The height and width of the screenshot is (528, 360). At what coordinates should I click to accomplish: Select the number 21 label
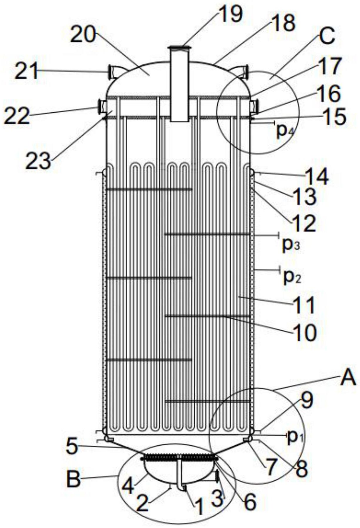(x=27, y=71)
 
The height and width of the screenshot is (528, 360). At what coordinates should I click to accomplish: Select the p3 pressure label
(x=291, y=245)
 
